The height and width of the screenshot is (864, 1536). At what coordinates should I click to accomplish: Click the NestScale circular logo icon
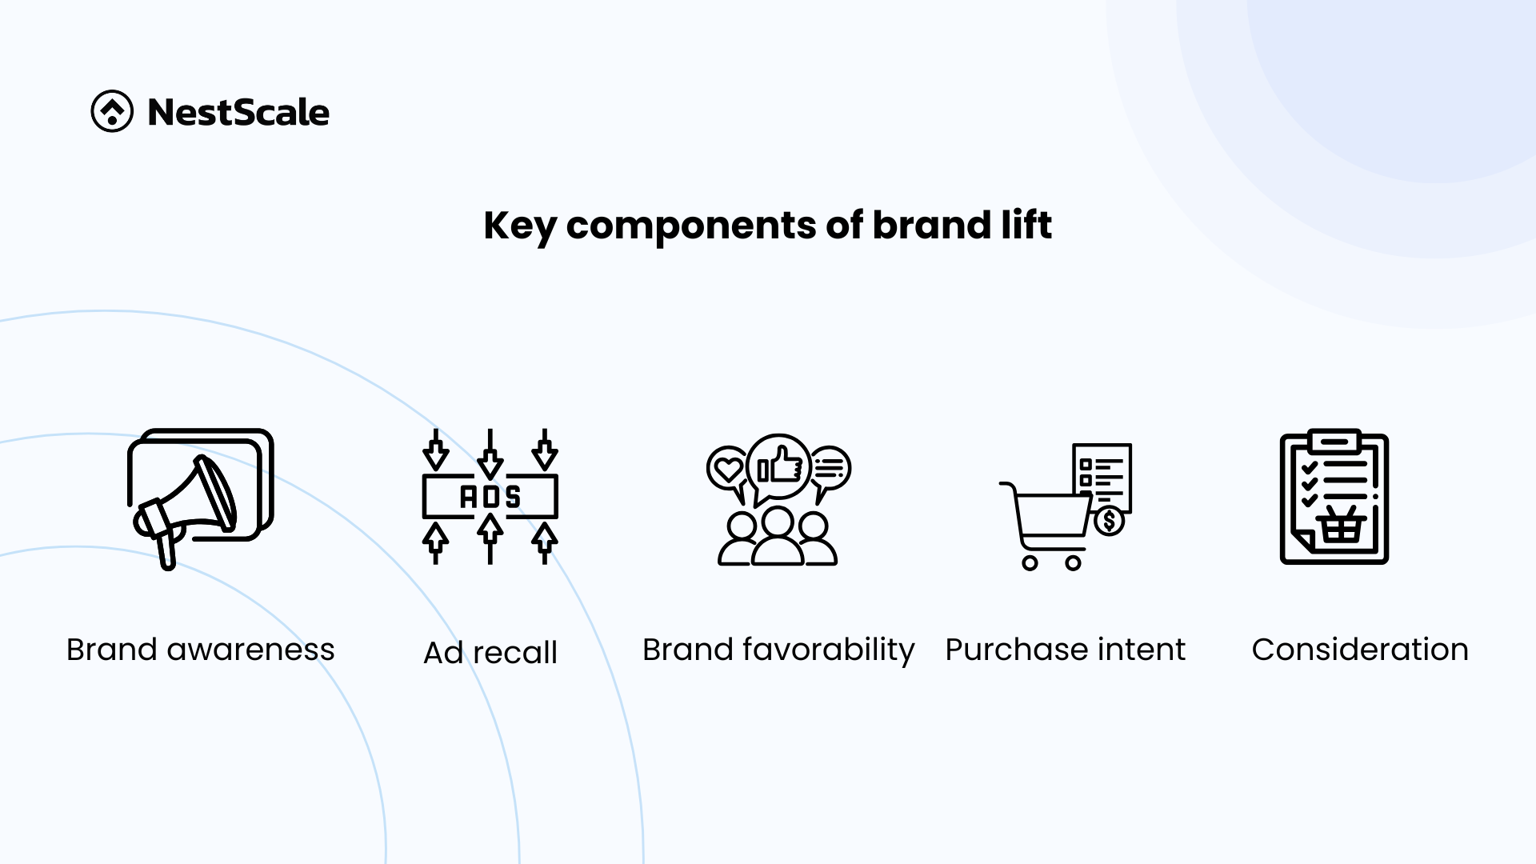coord(112,111)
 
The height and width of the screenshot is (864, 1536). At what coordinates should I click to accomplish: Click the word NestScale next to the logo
coord(238,112)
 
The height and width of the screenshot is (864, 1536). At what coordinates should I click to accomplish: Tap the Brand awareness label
coord(201,650)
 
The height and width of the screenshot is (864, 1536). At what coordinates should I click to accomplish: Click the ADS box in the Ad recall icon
coord(490,497)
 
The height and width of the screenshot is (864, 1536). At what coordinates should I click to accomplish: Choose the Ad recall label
coord(490,652)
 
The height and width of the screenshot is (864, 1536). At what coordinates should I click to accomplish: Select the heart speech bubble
coord(727,472)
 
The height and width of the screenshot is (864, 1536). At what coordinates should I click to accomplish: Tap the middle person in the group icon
coord(778,536)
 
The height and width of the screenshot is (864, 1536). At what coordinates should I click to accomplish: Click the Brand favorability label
coord(778,650)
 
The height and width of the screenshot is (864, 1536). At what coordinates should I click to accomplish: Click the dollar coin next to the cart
coord(1109,522)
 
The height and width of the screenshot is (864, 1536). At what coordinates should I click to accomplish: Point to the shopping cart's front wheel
coord(1074,563)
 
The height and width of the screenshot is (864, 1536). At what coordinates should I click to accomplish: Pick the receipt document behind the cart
coord(1102,475)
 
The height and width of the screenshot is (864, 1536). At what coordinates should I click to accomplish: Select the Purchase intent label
coord(1066,650)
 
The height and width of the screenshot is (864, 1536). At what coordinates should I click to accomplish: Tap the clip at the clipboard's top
coord(1334,441)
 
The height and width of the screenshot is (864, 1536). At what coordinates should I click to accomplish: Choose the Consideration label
coord(1360,650)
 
